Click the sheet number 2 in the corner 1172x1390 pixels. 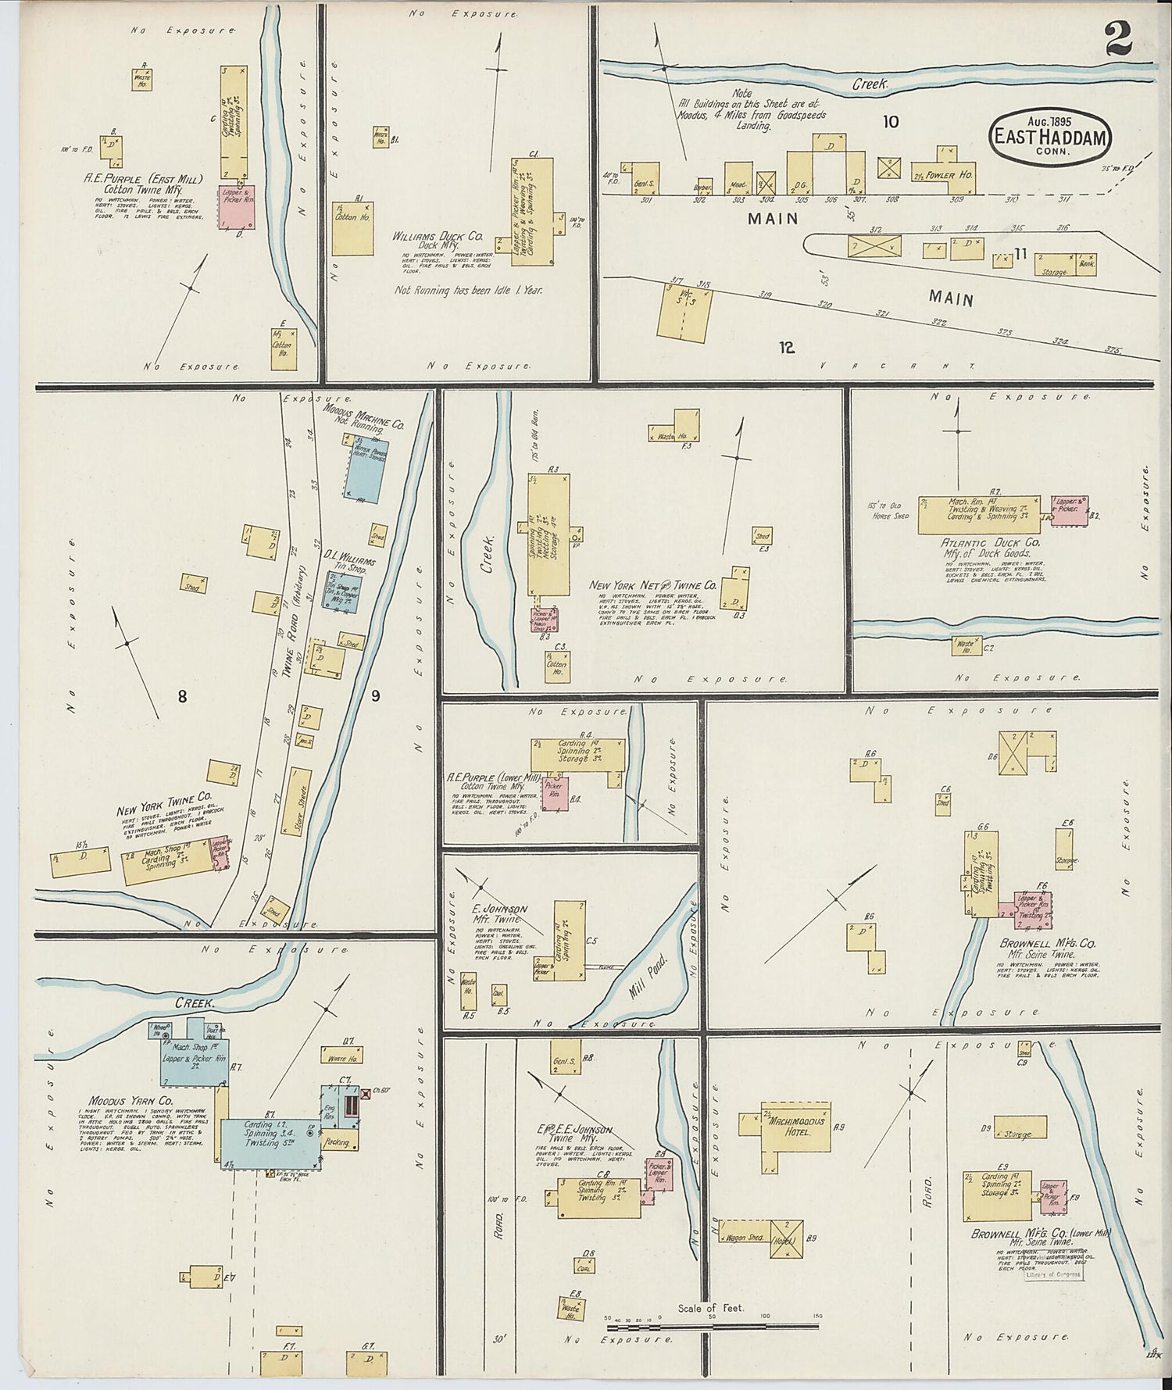pos(1118,38)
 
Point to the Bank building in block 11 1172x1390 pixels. pos(1087,263)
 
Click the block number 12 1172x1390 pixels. pos(786,348)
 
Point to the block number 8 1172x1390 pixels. pos(182,697)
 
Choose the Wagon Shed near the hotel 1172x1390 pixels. pos(745,1238)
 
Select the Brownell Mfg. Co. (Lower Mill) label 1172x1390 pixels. pos(1039,1235)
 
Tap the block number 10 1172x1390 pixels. pos(891,122)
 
